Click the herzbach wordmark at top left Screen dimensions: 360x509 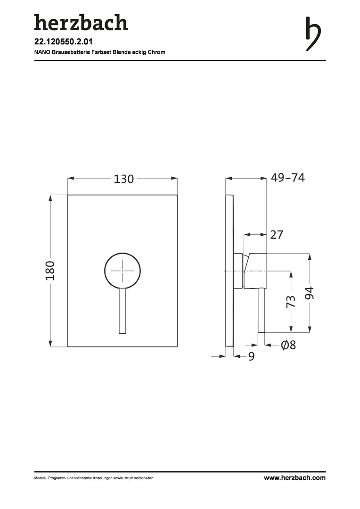81,23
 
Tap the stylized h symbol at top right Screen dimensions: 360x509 313,34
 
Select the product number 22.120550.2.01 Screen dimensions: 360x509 64,42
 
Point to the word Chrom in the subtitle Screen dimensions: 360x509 156,52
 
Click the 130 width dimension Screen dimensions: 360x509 123,179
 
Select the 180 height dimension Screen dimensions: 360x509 50,271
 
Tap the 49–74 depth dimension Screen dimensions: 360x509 287,178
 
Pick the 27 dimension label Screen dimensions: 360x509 277,234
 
